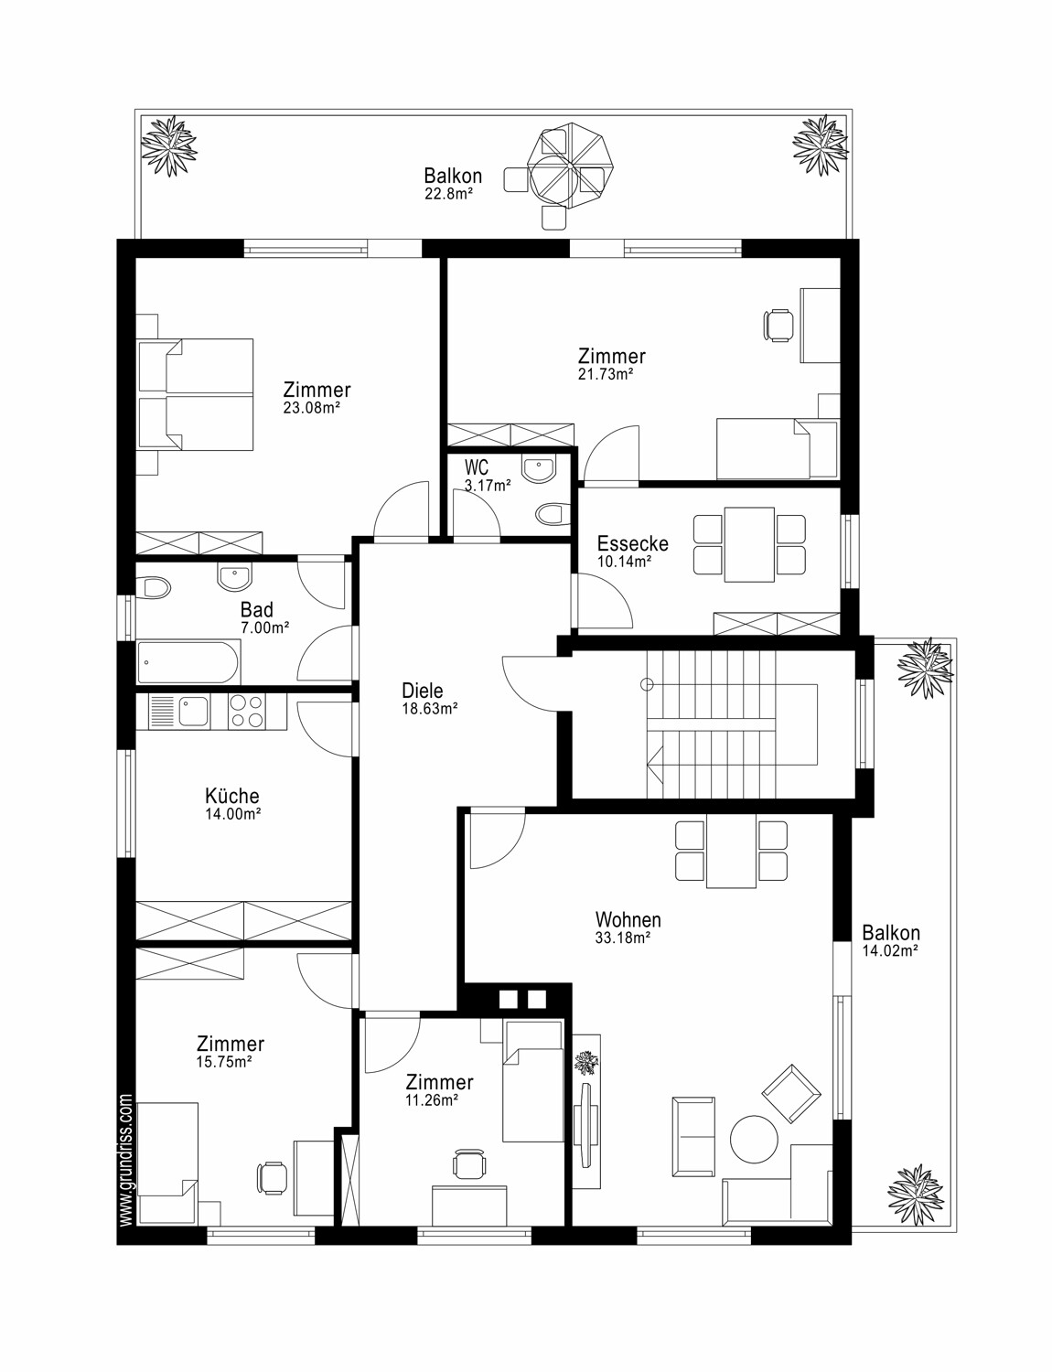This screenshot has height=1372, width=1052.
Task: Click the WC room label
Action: (x=476, y=468)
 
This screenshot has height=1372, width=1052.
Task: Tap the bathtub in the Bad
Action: (x=188, y=663)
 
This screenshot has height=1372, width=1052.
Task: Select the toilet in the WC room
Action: (x=553, y=514)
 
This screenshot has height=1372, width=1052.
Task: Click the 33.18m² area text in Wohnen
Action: (x=623, y=938)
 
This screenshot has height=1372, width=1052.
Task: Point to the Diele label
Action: (x=423, y=690)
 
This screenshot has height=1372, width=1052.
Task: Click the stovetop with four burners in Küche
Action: (x=247, y=712)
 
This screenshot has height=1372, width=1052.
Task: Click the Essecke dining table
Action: (x=749, y=544)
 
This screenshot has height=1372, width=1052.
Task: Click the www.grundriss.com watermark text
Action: (x=125, y=1161)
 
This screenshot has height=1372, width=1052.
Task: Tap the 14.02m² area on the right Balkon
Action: (x=890, y=951)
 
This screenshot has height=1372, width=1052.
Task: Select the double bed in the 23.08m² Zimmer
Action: (x=196, y=394)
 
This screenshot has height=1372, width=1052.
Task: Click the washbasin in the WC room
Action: (x=539, y=469)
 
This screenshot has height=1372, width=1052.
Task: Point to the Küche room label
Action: (x=232, y=796)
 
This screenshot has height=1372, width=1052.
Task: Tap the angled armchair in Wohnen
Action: (x=791, y=1094)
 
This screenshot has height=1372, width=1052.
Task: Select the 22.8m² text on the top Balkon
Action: (x=448, y=194)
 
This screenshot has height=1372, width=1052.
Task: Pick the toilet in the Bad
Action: (x=154, y=588)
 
